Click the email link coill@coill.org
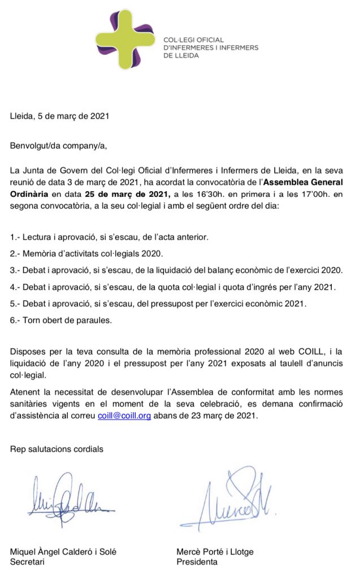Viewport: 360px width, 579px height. click(x=124, y=414)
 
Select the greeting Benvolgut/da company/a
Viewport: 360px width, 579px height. click(x=58, y=145)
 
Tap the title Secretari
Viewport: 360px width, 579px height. click(x=28, y=561)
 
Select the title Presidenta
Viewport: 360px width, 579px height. click(x=197, y=561)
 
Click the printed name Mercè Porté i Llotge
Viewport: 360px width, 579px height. click(x=216, y=551)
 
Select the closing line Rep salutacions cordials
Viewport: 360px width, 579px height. click(x=57, y=449)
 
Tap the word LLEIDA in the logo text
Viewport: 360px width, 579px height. click(x=177, y=55)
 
